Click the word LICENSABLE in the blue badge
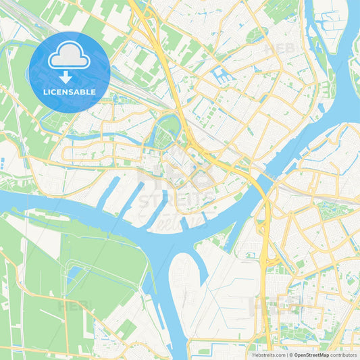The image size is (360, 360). tap(69, 91)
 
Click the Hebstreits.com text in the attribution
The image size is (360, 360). tap(268, 354)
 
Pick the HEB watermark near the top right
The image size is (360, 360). tap(280, 49)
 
